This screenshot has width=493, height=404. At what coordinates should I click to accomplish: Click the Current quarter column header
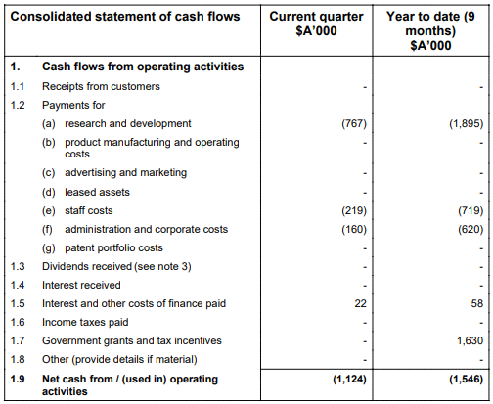[x=316, y=23]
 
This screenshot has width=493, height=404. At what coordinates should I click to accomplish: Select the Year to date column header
[x=430, y=30]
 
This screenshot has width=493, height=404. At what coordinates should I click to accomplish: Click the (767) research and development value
[x=354, y=123]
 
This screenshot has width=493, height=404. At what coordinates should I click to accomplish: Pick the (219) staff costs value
[x=354, y=210]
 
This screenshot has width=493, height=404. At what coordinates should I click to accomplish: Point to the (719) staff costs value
[x=471, y=210]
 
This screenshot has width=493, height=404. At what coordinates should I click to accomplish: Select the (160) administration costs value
[x=354, y=229]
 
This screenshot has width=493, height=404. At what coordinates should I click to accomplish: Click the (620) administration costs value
[x=471, y=229]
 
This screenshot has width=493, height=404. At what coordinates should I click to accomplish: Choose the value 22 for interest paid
[x=360, y=303]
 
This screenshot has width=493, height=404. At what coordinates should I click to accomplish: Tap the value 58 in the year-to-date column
[x=476, y=303]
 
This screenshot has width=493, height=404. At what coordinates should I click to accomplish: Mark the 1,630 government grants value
[x=470, y=340]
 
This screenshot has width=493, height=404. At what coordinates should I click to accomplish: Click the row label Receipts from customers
[x=101, y=86]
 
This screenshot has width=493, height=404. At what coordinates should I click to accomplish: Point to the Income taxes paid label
[x=85, y=322]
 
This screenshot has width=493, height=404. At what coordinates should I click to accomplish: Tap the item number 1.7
[x=18, y=340]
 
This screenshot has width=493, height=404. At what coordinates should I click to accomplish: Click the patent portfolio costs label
[x=113, y=247]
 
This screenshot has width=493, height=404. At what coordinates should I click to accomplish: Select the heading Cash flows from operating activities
[x=143, y=67]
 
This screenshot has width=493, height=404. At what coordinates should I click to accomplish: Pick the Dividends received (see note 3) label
[x=116, y=266]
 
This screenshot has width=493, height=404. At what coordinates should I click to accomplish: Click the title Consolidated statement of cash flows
[x=125, y=17]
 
